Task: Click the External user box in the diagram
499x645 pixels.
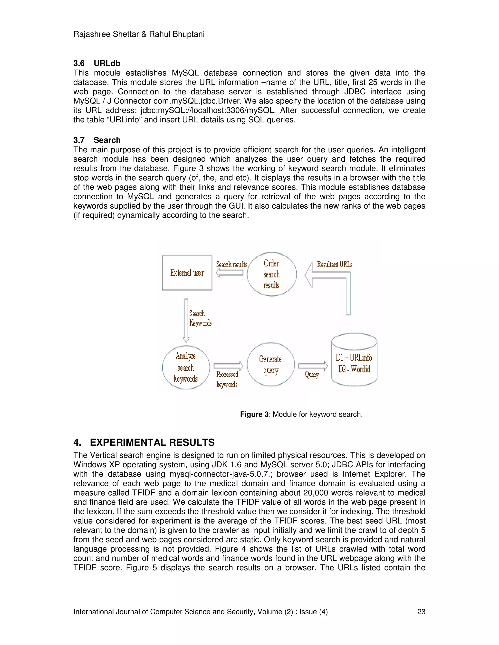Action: click(187, 273)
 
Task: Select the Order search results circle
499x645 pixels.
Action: click(271, 274)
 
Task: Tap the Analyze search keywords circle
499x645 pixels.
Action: click(186, 367)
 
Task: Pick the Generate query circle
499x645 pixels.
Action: click(270, 364)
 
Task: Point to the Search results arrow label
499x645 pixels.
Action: click(231, 265)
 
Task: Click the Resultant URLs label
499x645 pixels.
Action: click(334, 264)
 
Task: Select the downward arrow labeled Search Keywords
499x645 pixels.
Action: click(186, 321)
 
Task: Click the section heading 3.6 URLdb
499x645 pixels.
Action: click(97, 64)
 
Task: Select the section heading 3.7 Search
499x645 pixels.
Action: click(97, 140)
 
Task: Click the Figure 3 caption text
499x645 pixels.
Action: click(301, 414)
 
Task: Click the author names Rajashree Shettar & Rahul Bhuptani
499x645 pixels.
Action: click(139, 34)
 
